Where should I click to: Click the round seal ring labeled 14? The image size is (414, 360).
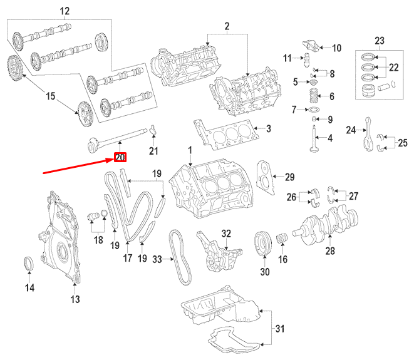(x=29, y=264)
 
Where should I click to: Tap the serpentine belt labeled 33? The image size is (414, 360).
(x=178, y=256)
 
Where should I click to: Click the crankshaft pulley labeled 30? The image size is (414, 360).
(x=264, y=244)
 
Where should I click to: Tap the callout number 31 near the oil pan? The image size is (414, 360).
(x=279, y=328)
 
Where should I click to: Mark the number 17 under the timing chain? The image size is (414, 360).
(x=128, y=257)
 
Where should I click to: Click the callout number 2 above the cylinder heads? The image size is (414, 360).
(x=227, y=26)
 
